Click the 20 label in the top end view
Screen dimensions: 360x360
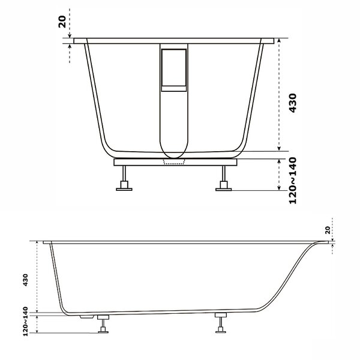(x=62, y=22)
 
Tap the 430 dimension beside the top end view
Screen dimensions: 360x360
(x=293, y=103)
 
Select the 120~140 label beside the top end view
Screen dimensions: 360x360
(x=293, y=181)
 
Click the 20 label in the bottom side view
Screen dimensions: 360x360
(x=328, y=230)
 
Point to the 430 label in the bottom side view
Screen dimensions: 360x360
(x=25, y=280)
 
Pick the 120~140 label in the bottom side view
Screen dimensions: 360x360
(x=25, y=322)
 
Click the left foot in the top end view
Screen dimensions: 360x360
(x=124, y=178)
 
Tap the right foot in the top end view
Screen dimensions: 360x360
(x=223, y=178)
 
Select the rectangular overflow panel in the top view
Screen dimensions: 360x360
(x=174, y=67)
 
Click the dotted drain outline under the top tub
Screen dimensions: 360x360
(x=174, y=162)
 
